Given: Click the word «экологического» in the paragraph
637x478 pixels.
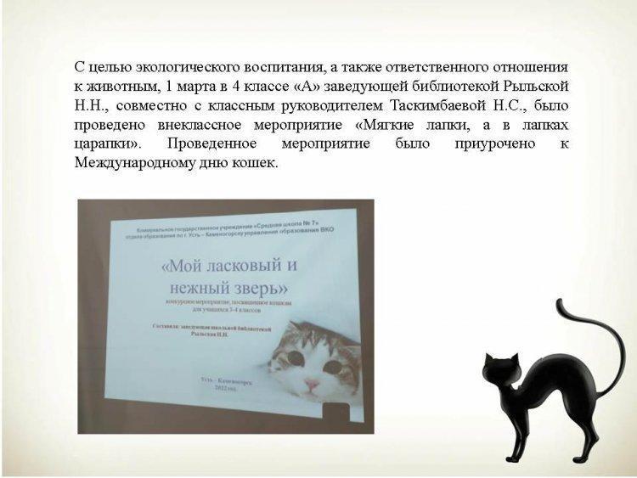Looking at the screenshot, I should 173,66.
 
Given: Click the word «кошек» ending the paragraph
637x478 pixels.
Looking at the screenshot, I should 258,163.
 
